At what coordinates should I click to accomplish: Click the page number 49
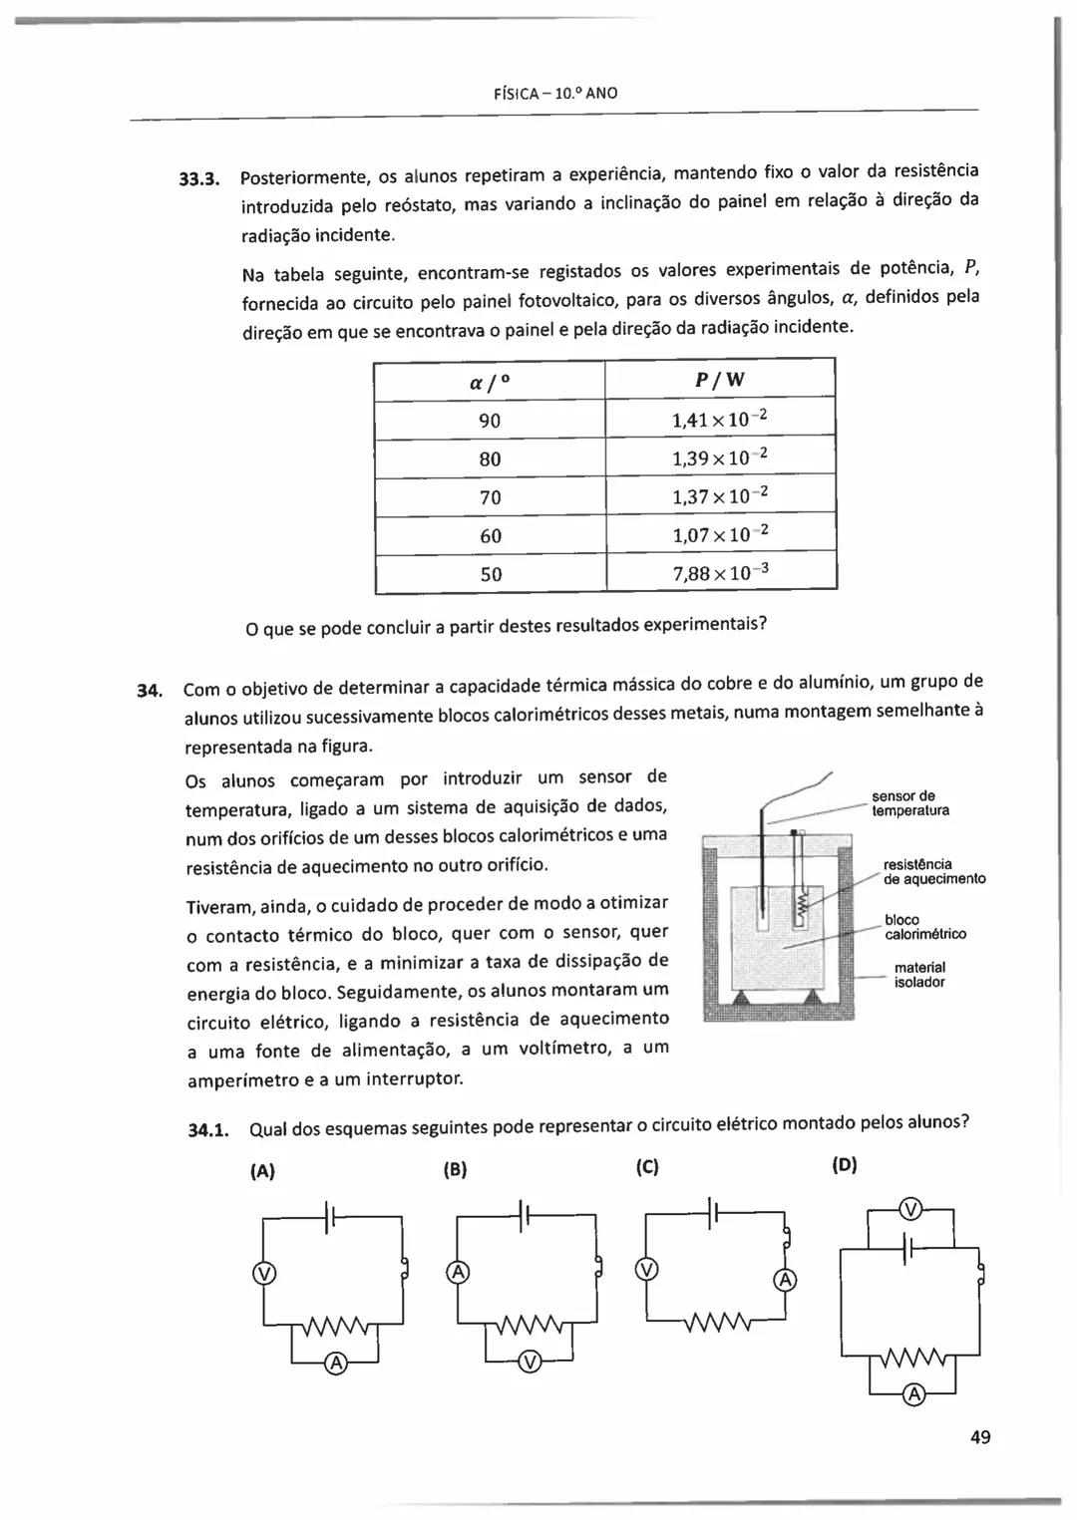pos(979,1436)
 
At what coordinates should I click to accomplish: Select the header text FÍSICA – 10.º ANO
pos(555,94)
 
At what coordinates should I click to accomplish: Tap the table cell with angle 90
pos(490,421)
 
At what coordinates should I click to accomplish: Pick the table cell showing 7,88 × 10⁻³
pos(720,573)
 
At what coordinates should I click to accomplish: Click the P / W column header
pos(719,380)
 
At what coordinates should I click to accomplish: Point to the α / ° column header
pos(490,382)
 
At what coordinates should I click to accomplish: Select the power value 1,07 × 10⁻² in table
pos(720,535)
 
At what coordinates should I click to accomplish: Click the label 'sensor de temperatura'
pos(909,803)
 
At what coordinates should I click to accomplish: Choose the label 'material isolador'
pos(919,975)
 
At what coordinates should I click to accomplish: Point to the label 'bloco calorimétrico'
pos(925,927)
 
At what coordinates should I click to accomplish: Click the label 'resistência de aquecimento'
pos(934,871)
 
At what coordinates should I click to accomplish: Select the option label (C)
pos(646,1167)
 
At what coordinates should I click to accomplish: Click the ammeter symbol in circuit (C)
pos(785,1280)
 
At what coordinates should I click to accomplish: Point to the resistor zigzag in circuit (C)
pos(718,1323)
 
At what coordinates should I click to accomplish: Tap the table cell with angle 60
pos(490,536)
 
